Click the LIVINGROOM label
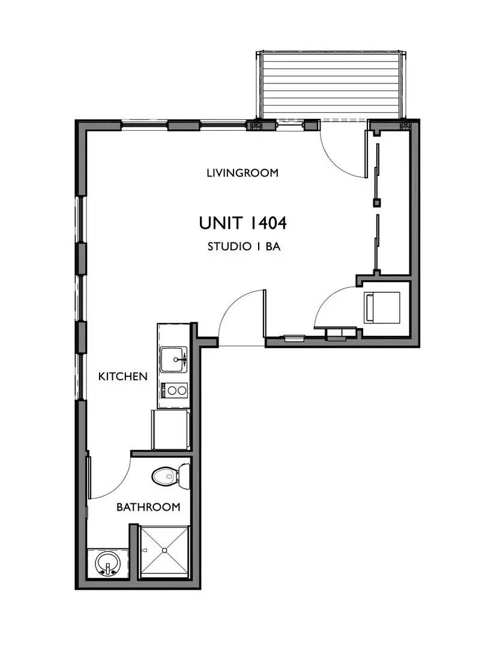243,173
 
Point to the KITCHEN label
123,376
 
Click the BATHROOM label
148,507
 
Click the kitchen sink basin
175,360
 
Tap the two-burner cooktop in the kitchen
175,391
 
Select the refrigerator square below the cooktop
172,430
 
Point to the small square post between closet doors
376,202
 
